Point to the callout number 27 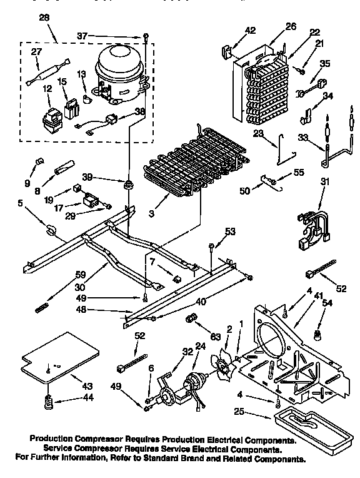coord(37,53)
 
